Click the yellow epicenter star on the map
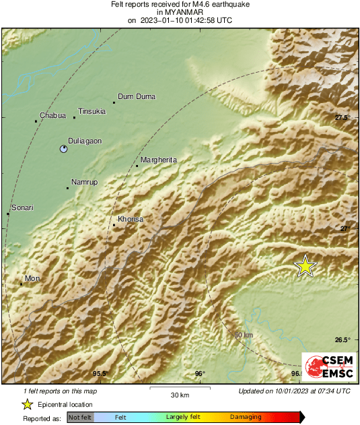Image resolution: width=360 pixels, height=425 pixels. [305, 266]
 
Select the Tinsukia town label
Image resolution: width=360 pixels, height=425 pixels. [92, 111]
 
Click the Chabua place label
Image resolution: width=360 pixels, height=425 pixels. [53, 116]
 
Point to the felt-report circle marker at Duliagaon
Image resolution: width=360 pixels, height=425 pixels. [63, 149]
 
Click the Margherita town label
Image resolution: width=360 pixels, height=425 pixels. [159, 160]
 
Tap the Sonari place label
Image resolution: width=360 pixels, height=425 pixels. [23, 208]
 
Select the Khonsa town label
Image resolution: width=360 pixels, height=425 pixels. [131, 220]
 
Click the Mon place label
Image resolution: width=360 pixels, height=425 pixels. [32, 278]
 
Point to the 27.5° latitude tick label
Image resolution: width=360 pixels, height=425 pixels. [343, 118]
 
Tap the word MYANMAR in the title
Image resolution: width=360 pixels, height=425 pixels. [180, 12]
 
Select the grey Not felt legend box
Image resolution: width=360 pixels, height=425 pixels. [80, 418]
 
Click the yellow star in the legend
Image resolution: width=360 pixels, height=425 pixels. [28, 404]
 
